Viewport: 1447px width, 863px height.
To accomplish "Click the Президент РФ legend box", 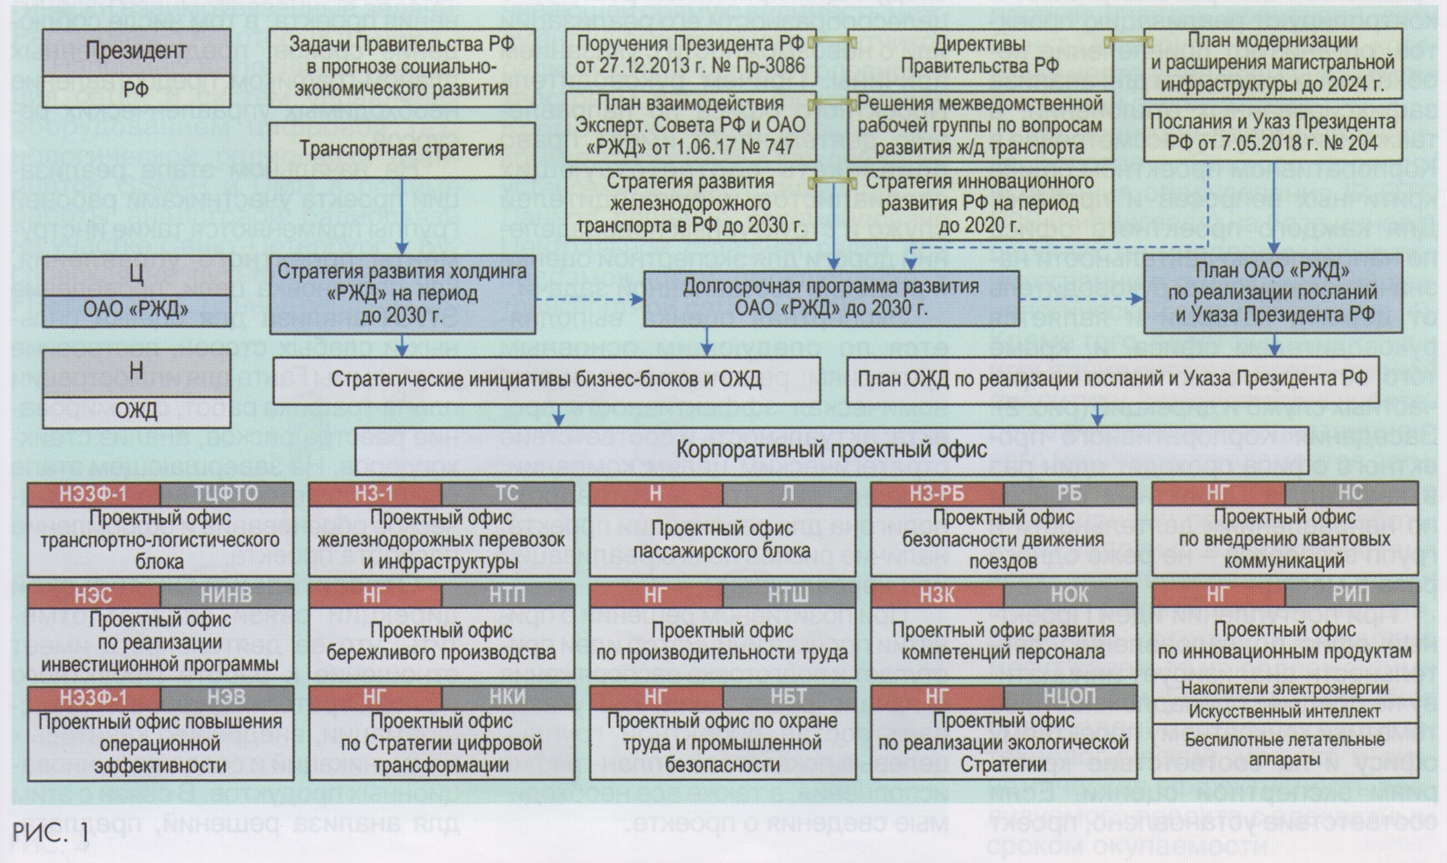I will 136,67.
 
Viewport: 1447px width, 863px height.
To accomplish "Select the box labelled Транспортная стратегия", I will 402,148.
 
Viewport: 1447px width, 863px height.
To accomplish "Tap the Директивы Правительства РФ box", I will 979,55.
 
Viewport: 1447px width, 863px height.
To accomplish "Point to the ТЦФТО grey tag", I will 227,493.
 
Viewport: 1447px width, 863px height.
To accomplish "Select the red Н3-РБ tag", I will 937,493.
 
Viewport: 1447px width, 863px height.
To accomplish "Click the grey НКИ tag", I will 508,697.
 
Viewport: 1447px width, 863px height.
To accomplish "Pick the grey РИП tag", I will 1351,595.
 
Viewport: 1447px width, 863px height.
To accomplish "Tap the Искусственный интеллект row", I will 1284,711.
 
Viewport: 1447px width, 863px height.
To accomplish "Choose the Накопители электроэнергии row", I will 1284,689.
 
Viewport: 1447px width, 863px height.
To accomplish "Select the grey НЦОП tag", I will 1070,697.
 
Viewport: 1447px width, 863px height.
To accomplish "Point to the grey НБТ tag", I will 788,697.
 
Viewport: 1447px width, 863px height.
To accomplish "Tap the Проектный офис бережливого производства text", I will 442,641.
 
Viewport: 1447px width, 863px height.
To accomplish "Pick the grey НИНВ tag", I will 227,595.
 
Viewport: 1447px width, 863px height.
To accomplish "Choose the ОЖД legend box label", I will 136,410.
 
